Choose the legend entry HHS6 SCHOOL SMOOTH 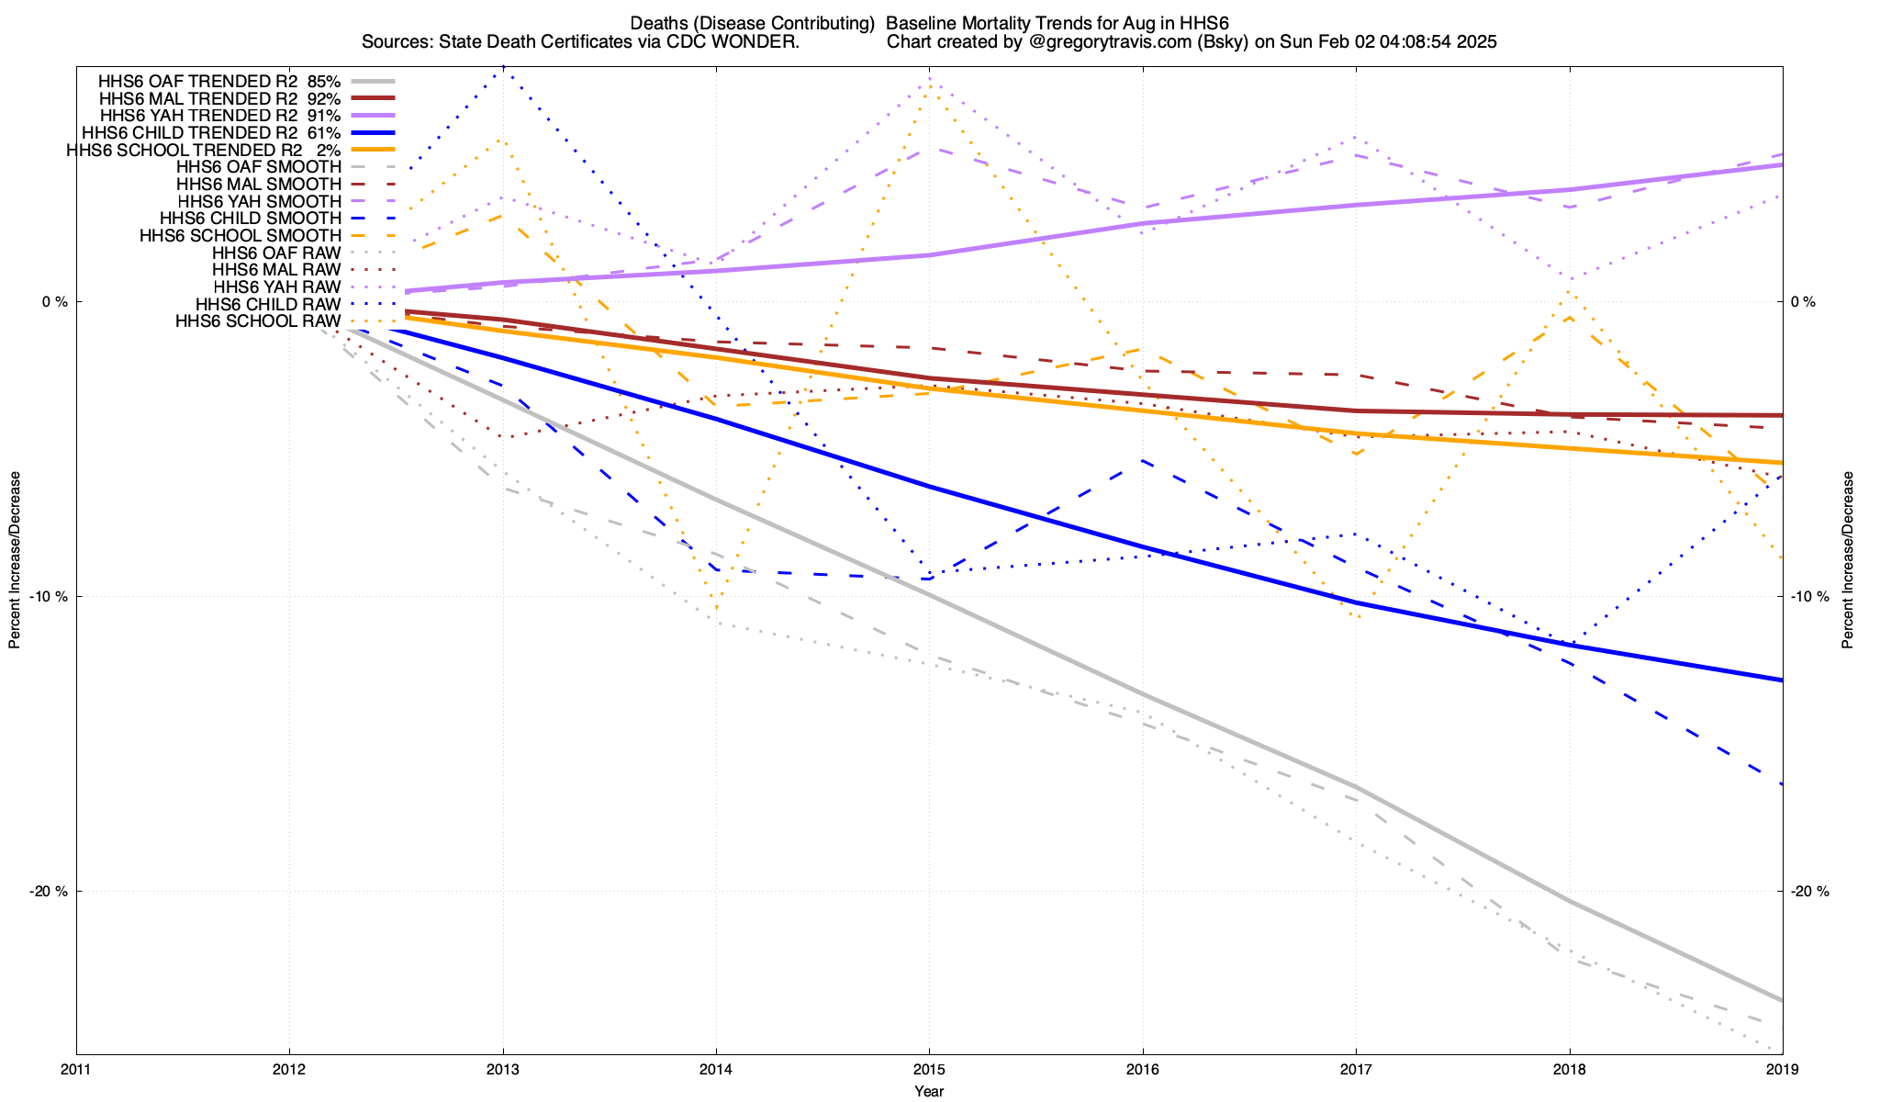point(241,236)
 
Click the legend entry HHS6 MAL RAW point(276,270)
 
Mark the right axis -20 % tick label point(1810,892)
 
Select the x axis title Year point(929,1091)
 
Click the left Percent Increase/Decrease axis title point(15,560)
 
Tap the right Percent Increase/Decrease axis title point(1847,560)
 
